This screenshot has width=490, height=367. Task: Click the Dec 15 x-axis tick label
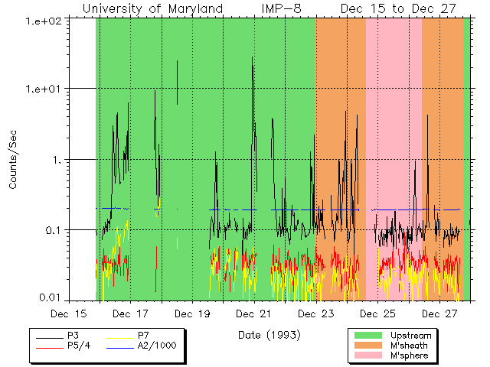click(69, 314)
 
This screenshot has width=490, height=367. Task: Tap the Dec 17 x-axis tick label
click(131, 314)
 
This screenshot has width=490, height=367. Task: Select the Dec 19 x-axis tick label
click(193, 314)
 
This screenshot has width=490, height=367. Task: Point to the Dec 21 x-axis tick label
click(255, 314)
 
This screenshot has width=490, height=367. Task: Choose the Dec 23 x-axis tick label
click(316, 314)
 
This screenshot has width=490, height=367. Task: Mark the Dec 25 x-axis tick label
click(378, 314)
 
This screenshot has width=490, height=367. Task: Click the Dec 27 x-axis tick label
click(440, 314)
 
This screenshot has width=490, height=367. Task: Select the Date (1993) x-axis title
click(269, 335)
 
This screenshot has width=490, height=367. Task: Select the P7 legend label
click(142, 336)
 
